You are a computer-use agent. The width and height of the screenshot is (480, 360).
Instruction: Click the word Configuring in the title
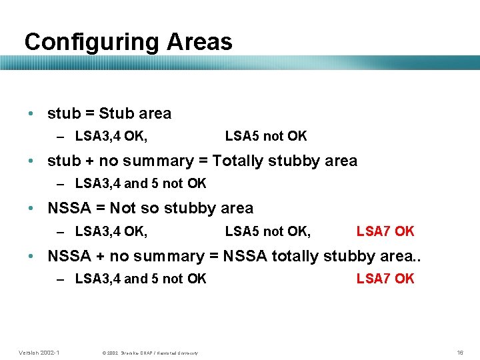91,42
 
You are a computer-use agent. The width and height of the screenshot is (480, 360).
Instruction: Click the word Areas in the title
199,42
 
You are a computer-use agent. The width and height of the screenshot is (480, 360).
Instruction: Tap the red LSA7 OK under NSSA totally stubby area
385,279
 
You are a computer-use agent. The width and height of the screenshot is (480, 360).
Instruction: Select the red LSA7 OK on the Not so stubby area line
385,231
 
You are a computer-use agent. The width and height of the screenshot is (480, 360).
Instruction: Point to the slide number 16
459,352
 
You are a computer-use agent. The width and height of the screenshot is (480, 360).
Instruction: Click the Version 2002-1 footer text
39,352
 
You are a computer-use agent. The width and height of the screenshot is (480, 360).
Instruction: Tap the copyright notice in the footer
149,353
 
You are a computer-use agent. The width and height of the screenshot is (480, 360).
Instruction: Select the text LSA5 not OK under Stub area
266,137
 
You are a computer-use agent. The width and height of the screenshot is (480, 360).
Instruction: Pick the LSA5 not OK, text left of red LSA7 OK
267,231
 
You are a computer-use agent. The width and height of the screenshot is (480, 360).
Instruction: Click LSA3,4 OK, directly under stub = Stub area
111,137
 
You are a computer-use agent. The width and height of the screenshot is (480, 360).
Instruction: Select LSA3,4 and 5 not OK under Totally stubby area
141,183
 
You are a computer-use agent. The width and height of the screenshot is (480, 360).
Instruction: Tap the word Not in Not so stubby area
122,208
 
